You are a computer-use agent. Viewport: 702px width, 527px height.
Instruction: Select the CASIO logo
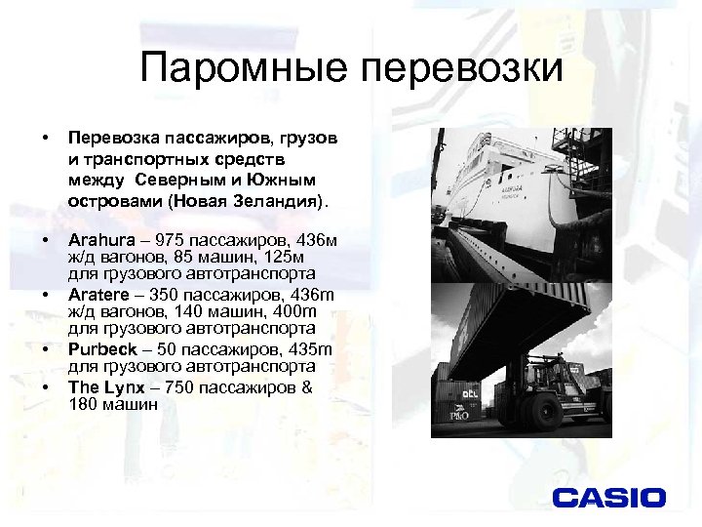click(x=609, y=498)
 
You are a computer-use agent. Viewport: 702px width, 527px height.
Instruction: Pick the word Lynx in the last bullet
click(x=121, y=386)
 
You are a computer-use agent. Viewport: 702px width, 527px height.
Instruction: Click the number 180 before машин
click(x=83, y=402)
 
